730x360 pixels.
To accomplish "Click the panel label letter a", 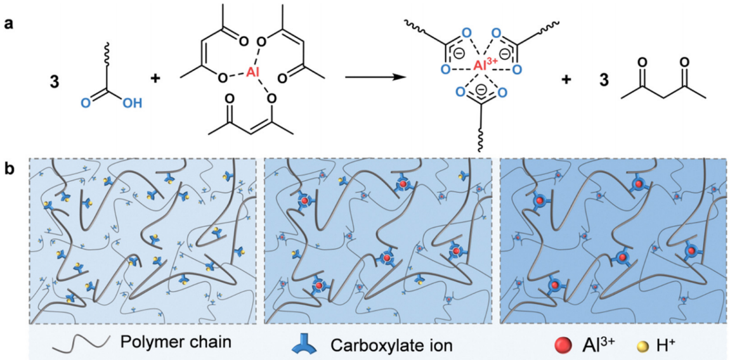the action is [x=8, y=23].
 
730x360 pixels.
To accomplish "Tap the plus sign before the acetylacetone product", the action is [x=566, y=79].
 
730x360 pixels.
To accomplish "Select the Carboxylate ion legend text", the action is [x=391, y=345].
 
